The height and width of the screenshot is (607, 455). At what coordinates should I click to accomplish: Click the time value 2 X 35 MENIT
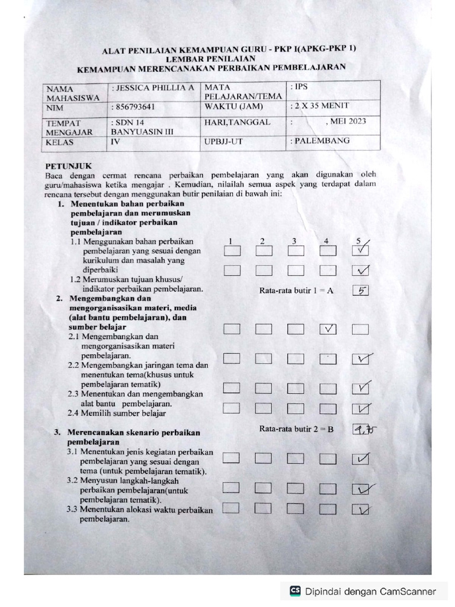pyautogui.click(x=319, y=106)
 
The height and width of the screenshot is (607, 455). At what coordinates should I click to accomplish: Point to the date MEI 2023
pyautogui.click(x=345, y=122)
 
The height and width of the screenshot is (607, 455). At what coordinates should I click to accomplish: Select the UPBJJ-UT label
pyautogui.click(x=223, y=142)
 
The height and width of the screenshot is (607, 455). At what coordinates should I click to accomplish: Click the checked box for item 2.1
pyautogui.click(x=328, y=330)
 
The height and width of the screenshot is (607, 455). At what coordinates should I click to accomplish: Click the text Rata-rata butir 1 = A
pyautogui.click(x=296, y=290)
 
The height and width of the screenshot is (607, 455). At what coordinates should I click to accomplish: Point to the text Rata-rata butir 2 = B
pyautogui.click(x=296, y=429)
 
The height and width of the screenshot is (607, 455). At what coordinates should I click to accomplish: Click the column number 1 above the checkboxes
pyautogui.click(x=232, y=241)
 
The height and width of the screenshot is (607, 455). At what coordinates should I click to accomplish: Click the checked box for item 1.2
pyautogui.click(x=360, y=271)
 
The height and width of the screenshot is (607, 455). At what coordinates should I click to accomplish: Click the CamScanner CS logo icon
pyautogui.click(x=295, y=591)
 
